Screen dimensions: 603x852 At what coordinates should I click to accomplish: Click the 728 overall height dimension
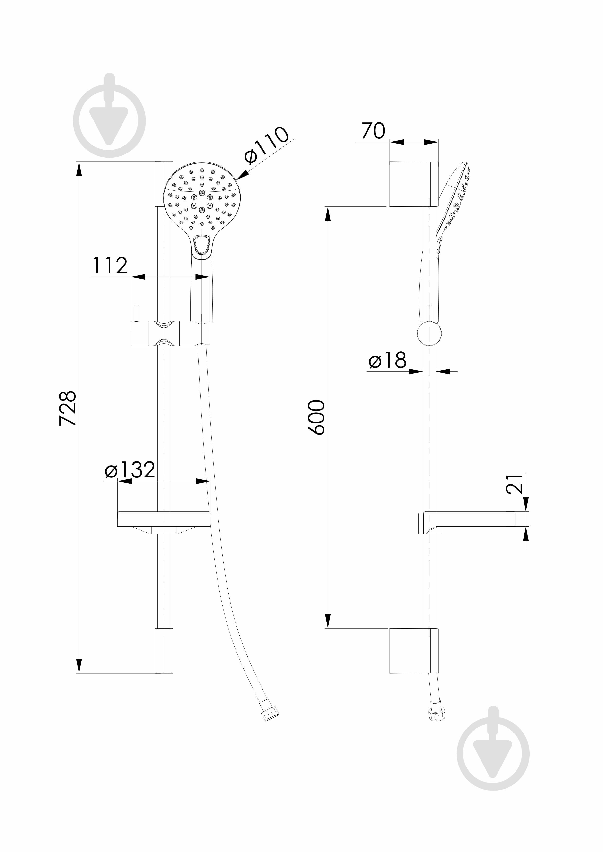pos(68,408)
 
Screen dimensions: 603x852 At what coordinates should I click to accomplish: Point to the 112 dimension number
pos(110,265)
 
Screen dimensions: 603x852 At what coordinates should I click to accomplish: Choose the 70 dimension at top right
pos(374,131)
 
